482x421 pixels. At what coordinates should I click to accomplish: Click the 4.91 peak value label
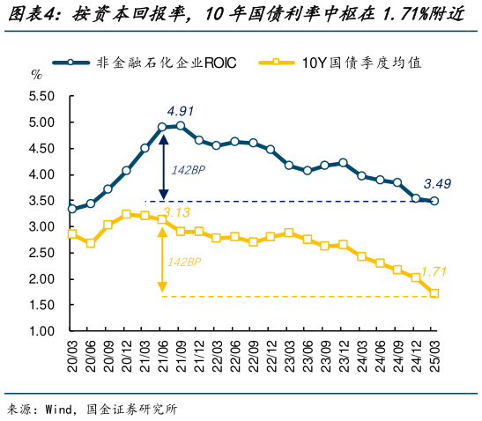[180, 111]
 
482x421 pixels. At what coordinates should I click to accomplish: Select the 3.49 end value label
[438, 184]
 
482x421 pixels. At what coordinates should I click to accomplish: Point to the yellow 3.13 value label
[176, 212]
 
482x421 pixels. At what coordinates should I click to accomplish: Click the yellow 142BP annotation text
[184, 262]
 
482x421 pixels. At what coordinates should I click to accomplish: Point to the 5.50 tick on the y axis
[41, 96]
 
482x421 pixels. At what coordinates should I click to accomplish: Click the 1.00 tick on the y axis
[41, 331]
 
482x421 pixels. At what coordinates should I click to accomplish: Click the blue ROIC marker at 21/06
[162, 127]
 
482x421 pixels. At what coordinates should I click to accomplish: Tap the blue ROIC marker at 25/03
[434, 201]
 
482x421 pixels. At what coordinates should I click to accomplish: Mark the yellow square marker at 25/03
[434, 293]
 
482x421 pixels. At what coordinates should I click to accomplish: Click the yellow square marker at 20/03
[71, 234]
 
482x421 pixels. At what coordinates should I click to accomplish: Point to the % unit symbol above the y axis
[36, 74]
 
